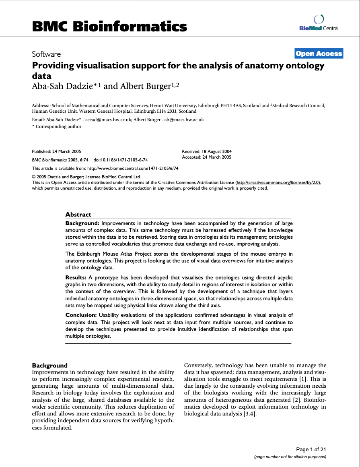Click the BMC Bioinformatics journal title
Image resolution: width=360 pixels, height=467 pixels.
(x=109, y=27)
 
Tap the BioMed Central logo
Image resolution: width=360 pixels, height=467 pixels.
(x=319, y=23)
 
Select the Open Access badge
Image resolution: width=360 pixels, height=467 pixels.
(x=319, y=54)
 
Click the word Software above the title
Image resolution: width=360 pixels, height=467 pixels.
(x=46, y=54)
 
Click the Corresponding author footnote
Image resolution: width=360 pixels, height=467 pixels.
(x=58, y=126)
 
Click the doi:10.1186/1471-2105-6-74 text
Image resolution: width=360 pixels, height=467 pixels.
(x=121, y=160)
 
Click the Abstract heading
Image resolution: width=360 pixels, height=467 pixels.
(x=78, y=215)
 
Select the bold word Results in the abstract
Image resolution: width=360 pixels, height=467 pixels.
(x=76, y=278)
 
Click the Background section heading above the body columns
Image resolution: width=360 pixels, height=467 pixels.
(x=50, y=366)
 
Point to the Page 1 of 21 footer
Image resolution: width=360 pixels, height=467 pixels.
(x=311, y=449)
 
